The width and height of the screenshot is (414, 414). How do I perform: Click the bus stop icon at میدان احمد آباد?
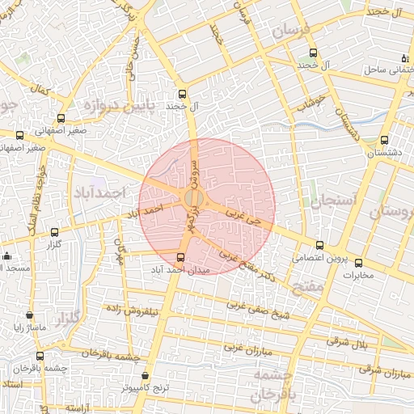pos(180,258)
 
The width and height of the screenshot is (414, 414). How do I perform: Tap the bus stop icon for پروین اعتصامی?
pos(319,245)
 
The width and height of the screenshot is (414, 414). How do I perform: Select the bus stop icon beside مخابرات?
pos(358,263)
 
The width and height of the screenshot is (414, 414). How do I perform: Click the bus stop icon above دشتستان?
pos(384,140)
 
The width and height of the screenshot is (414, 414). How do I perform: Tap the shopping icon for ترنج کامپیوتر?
pos(146,376)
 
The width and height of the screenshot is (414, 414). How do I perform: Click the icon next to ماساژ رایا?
pos(30,315)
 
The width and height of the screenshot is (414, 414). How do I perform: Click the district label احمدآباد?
pos(100,194)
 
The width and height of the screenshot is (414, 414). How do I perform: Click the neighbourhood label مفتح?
pos(308,285)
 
